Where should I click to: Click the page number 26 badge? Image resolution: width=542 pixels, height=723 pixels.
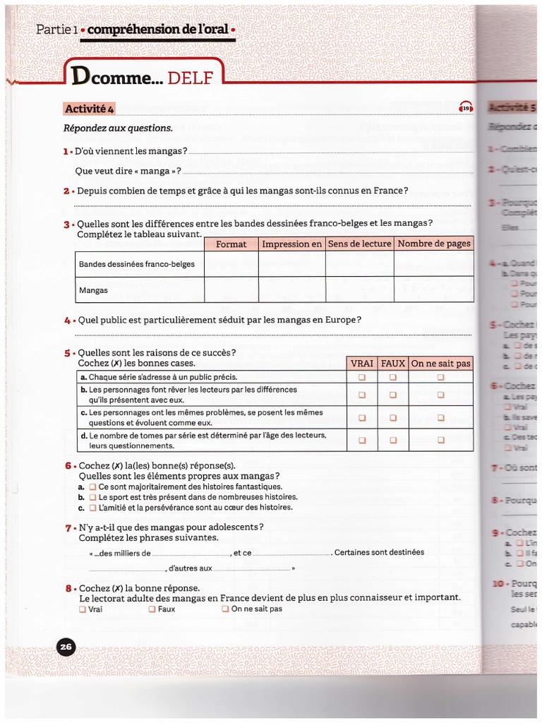point(66,646)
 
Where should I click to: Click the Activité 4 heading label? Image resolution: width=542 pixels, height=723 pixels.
point(90,108)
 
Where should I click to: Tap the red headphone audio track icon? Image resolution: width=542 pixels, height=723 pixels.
point(466,108)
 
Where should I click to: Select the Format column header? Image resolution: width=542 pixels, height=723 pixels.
point(231,244)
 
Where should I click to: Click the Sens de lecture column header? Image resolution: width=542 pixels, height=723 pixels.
point(359,244)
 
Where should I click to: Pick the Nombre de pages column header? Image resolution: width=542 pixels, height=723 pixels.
point(433,244)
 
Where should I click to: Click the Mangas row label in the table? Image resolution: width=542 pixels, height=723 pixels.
point(93,290)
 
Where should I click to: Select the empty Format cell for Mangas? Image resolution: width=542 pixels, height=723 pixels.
point(231,290)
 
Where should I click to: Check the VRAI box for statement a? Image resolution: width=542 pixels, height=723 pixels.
point(362,377)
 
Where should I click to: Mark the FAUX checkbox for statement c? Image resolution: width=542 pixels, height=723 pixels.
point(393,417)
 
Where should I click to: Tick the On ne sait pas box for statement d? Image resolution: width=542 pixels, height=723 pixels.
point(440,440)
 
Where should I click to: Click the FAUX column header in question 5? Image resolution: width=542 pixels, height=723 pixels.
point(393,363)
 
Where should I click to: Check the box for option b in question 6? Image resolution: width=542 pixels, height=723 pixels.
point(92,497)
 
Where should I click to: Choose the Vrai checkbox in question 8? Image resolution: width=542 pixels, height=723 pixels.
point(83,609)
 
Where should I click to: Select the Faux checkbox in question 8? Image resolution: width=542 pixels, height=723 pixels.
point(152,609)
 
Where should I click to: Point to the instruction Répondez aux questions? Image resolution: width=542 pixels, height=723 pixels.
point(118,128)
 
